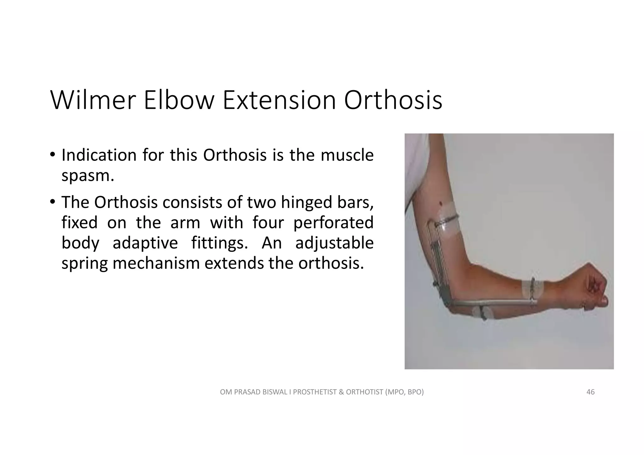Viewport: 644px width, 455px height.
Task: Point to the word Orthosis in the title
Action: pos(393,101)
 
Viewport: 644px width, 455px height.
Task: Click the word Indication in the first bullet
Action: pos(99,155)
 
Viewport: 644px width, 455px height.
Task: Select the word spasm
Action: pos(87,176)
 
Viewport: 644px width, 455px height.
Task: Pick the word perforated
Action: pos(333,222)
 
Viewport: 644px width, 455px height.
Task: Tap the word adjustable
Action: pos(334,243)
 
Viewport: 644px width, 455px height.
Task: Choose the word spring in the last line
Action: pos(85,263)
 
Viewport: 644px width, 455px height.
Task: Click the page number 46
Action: pos(590,392)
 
